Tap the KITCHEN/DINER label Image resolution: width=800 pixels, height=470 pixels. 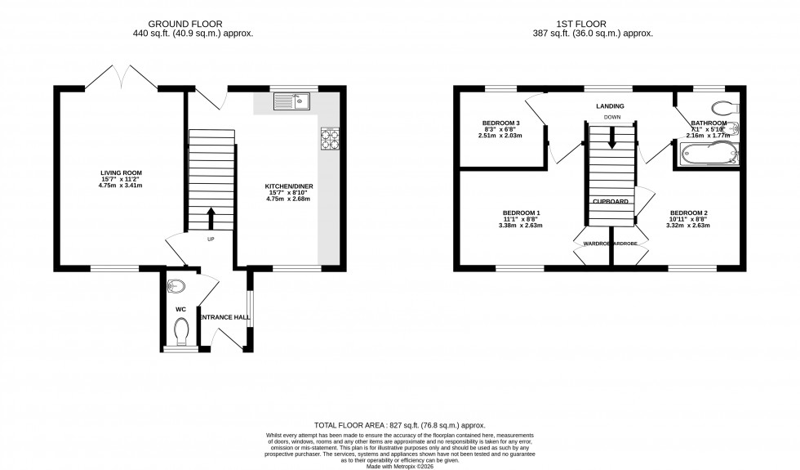288,186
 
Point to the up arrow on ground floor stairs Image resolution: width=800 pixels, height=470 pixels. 211,218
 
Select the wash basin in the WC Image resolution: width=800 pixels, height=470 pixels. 175,286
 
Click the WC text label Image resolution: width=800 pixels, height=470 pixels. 180,310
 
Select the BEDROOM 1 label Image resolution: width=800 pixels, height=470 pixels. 522,213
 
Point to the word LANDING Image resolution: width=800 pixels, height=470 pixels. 610,106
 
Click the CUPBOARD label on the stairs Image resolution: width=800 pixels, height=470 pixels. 611,201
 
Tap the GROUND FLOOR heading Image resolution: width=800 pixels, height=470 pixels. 193,24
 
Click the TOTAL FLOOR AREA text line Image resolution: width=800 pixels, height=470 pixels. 400,426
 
